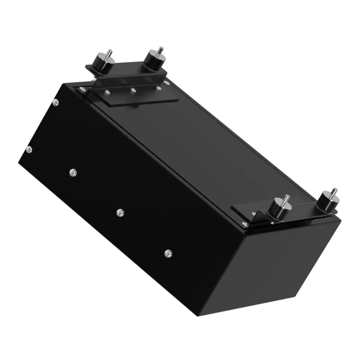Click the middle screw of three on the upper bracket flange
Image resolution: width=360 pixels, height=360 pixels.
[x=133, y=90]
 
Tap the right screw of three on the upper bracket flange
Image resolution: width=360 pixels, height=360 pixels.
[x=158, y=87]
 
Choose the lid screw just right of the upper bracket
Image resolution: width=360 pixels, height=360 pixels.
[x=166, y=83]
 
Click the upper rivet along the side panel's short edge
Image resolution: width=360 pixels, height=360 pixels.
[x=54, y=103]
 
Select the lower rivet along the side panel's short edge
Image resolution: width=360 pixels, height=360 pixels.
[x=29, y=149]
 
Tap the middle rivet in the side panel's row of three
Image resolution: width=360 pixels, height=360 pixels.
[x=120, y=212]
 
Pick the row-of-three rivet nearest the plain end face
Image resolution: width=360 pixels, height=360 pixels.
[x=168, y=253]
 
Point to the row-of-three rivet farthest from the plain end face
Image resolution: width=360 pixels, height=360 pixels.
[x=72, y=172]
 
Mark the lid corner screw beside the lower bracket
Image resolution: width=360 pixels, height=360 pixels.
[x=244, y=224]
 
